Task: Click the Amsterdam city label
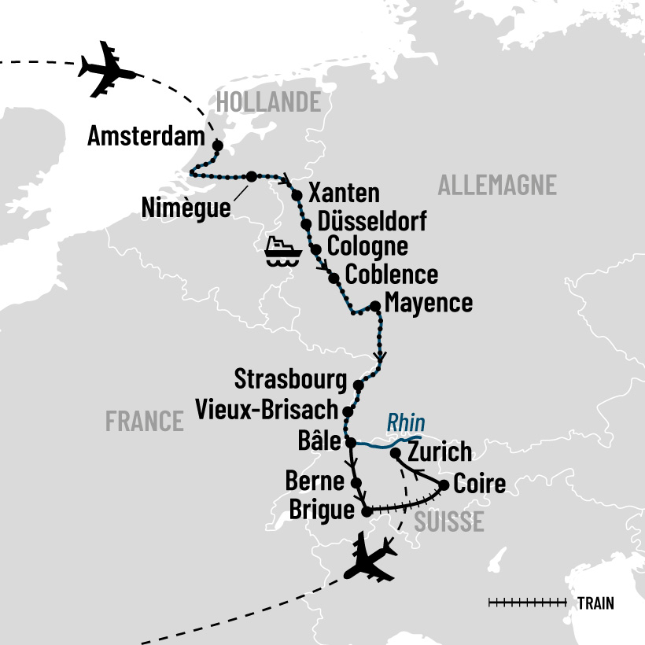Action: [x=146, y=136]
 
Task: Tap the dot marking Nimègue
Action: [x=251, y=176]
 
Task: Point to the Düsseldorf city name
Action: [x=372, y=222]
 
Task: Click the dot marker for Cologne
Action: [x=315, y=249]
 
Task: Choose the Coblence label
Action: [x=392, y=275]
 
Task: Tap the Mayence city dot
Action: [x=375, y=307]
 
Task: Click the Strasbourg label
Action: [x=290, y=379]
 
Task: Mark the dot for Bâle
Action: [x=352, y=442]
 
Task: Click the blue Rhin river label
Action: [x=406, y=422]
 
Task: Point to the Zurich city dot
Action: [x=396, y=453]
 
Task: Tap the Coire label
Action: [x=480, y=484]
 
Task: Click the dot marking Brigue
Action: [x=366, y=512]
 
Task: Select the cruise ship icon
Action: [x=283, y=252]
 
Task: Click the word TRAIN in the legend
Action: [x=595, y=603]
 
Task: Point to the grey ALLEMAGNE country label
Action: [x=496, y=186]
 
